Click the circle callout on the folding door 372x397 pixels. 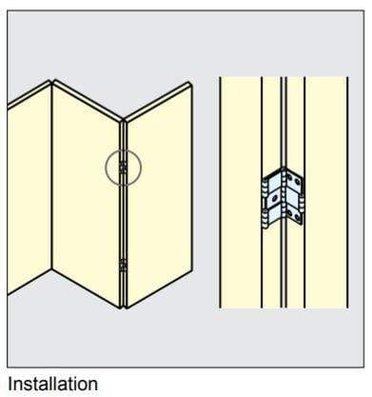[x=123, y=168]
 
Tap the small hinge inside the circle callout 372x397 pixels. [x=123, y=168]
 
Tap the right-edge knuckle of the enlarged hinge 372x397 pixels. [x=303, y=200]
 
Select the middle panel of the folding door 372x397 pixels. [x=87, y=190]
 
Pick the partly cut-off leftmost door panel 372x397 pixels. [x=27, y=190]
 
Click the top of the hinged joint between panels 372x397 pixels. [x=123, y=122]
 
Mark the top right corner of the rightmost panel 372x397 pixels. [x=193, y=85]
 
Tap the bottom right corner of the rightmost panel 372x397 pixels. [x=193, y=268]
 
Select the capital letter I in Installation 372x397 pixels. [x=10, y=385]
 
